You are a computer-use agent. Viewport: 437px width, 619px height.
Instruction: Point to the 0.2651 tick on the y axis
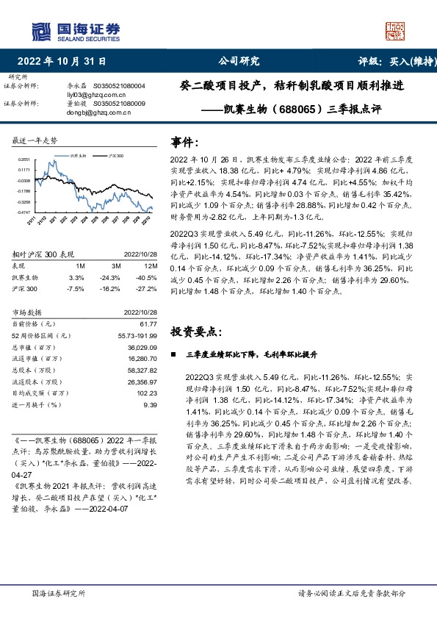coord(25,159)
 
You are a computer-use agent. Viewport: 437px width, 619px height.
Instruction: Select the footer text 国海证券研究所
coord(59,593)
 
